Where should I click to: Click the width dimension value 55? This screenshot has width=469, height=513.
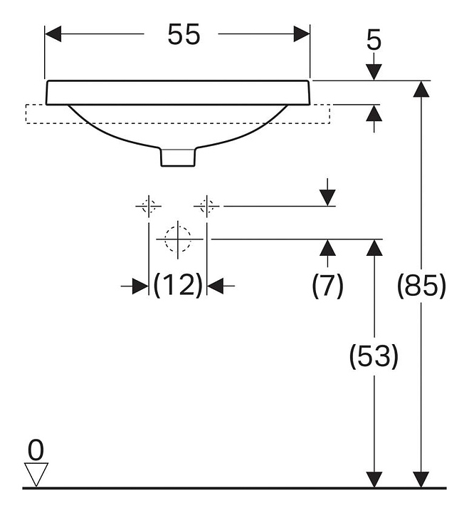(x=184, y=33)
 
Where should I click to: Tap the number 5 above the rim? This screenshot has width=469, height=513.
(x=374, y=41)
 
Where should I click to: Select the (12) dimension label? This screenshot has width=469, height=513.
(x=178, y=286)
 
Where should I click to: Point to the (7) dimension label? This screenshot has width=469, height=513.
(x=327, y=286)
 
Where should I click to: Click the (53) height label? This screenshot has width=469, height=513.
(x=374, y=356)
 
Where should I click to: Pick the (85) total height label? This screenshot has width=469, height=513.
(x=421, y=286)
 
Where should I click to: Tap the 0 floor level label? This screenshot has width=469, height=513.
(x=36, y=450)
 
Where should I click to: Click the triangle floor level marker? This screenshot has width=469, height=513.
(x=36, y=473)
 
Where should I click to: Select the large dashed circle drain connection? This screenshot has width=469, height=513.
(x=177, y=239)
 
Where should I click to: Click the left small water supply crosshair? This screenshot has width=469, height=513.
(x=147, y=206)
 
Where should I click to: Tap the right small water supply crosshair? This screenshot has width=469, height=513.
(x=206, y=206)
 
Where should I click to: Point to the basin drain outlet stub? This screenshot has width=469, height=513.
(x=178, y=156)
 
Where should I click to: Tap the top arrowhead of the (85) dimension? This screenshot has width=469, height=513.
(x=422, y=89)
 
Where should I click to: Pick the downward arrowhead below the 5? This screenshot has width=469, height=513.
(x=374, y=72)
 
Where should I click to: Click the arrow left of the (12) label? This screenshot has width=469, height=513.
(x=138, y=286)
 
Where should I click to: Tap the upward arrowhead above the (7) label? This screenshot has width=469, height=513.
(x=327, y=248)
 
